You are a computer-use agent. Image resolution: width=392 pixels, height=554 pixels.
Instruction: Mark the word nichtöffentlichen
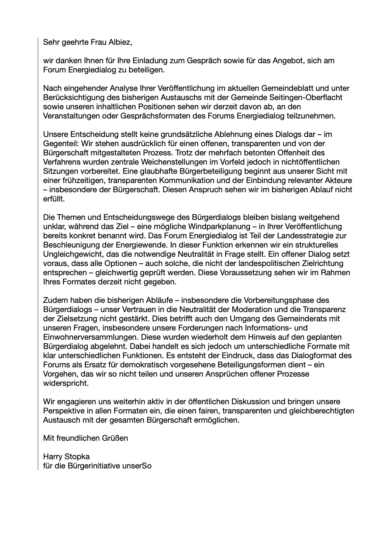click(x=310, y=162)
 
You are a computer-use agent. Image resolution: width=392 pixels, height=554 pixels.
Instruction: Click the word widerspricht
click(x=66, y=383)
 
